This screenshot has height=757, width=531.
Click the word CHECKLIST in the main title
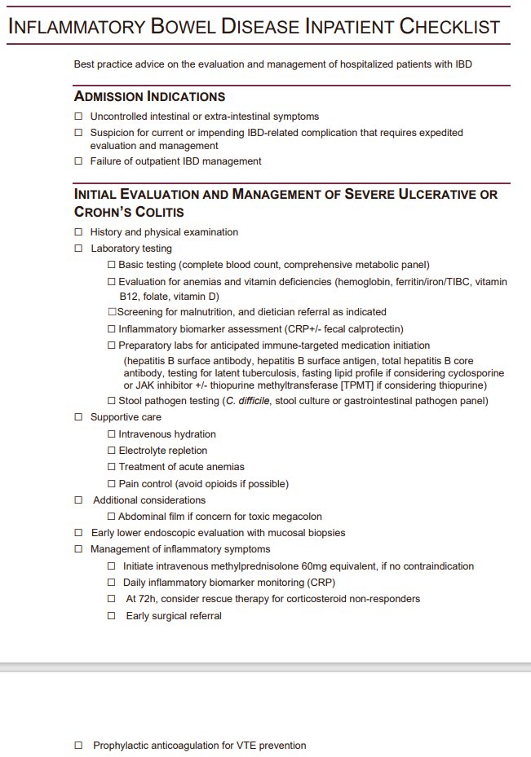[449, 26]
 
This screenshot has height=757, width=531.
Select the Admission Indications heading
[149, 97]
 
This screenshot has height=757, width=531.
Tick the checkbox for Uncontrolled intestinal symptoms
[78, 117]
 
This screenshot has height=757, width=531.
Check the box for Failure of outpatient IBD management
[78, 161]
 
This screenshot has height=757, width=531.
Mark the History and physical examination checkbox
[78, 232]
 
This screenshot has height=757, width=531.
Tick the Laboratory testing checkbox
[78, 249]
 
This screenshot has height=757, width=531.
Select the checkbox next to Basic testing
[112, 265]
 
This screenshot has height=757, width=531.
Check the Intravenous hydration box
[112, 434]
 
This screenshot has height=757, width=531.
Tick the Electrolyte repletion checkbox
[112, 451]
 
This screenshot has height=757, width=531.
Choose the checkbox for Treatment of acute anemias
[112, 467]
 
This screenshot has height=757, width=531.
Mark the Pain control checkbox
[112, 484]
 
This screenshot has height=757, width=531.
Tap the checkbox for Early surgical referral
[112, 616]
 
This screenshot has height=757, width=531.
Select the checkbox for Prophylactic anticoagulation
[78, 746]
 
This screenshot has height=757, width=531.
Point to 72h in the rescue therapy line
[147, 599]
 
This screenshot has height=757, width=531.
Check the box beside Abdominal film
[112, 517]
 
